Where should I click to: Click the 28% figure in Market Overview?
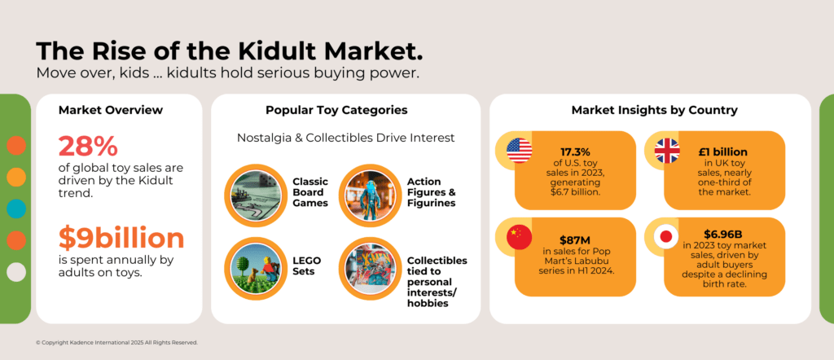coord(88,146)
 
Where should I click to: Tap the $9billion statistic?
coord(121,237)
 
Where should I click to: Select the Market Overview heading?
coord(111,110)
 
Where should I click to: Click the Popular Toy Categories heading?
coord(336,110)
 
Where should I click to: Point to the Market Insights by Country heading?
coord(654,110)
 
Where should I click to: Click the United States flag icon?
coord(519,151)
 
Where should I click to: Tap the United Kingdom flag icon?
coord(668,151)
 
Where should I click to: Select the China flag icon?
coord(519,236)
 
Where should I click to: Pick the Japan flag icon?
coord(668,236)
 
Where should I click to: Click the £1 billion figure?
coord(723,152)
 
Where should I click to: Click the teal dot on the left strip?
coord(15,209)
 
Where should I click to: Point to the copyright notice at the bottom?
coord(116,342)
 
